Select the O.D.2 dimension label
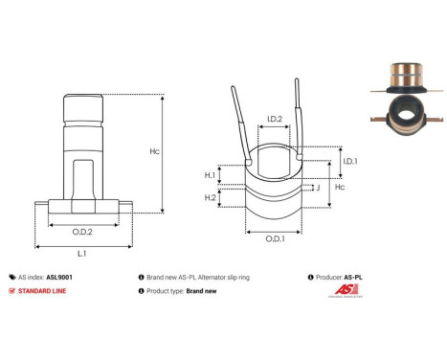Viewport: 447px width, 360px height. [83, 232]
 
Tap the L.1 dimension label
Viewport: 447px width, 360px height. [83, 254]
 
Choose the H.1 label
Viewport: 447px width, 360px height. [210, 175]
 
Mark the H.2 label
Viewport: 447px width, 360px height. [210, 197]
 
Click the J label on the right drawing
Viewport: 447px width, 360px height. [316, 189]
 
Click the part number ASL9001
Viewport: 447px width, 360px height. [60, 275]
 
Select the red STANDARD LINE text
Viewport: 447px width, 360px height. [45, 290]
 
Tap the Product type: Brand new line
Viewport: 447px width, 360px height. [187, 290]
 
